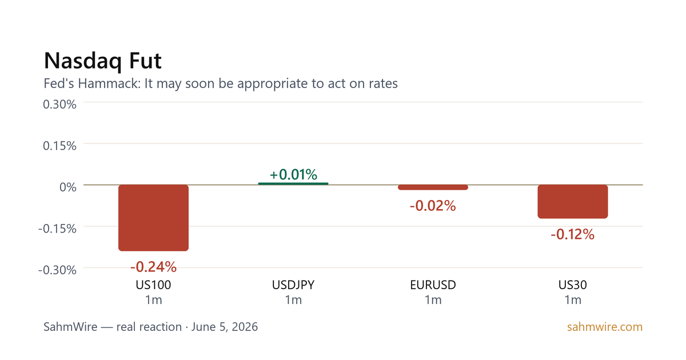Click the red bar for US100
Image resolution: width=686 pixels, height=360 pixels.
pyautogui.click(x=153, y=218)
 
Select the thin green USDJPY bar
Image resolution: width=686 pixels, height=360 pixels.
pyautogui.click(x=293, y=183)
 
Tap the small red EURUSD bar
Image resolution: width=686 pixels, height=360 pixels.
pyautogui.click(x=433, y=187)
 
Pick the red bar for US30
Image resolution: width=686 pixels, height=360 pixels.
pyautogui.click(x=573, y=201)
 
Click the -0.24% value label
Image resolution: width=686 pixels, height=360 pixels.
pyautogui.click(x=153, y=267)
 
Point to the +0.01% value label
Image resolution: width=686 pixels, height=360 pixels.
pyautogui.click(x=293, y=174)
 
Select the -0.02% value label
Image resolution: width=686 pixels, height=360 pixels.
pyautogui.click(x=433, y=206)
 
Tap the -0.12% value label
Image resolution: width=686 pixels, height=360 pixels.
pyautogui.click(x=573, y=234)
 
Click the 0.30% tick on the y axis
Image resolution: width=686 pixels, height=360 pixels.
pyautogui.click(x=59, y=105)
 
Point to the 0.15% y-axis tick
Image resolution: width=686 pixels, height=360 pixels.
pyautogui.click(x=59, y=146)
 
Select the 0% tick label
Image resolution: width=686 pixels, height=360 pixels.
pyautogui.click(x=68, y=187)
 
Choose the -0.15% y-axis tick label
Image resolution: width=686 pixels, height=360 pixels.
pyautogui.click(x=57, y=229)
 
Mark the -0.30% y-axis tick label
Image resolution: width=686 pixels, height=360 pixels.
pyautogui.click(x=57, y=270)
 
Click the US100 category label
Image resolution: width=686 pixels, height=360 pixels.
pyautogui.click(x=153, y=285)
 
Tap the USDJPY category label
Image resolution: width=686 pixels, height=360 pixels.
pyautogui.click(x=293, y=285)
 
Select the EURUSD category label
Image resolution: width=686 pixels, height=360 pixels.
pyautogui.click(x=433, y=285)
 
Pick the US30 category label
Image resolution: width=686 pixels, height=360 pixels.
pyautogui.click(x=573, y=285)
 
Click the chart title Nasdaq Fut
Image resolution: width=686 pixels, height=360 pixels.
pyautogui.click(x=102, y=61)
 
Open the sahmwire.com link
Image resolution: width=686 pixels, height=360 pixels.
pyautogui.click(x=605, y=327)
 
